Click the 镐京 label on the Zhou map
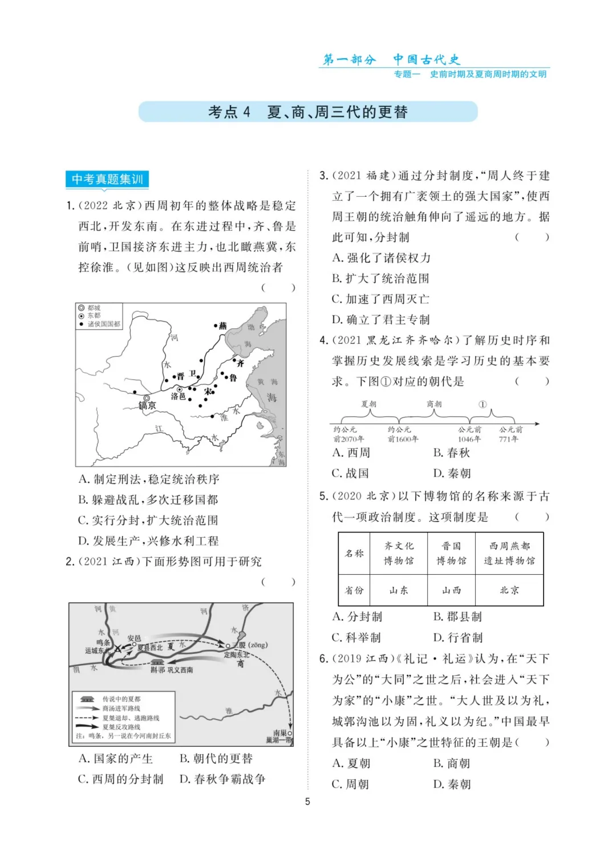click(147, 406)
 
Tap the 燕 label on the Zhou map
click(222, 326)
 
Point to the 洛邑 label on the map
click(178, 396)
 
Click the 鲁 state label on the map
click(233, 377)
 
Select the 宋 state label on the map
click(209, 392)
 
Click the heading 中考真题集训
click(107, 180)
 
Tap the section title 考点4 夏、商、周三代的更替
click(308, 112)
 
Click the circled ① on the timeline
click(483, 404)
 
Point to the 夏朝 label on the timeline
click(369, 404)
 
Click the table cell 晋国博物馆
click(451, 553)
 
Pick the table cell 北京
click(509, 590)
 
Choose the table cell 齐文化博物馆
click(399, 553)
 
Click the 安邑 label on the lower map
click(134, 638)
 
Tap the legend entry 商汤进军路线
click(121, 708)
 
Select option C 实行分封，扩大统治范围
click(148, 521)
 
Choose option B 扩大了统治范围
click(380, 279)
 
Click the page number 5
click(307, 802)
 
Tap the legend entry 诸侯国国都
click(104, 324)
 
